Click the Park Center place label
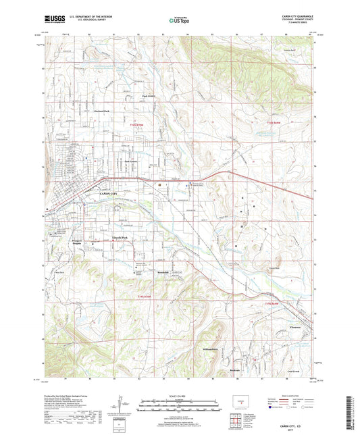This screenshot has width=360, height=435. coord(149,96)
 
